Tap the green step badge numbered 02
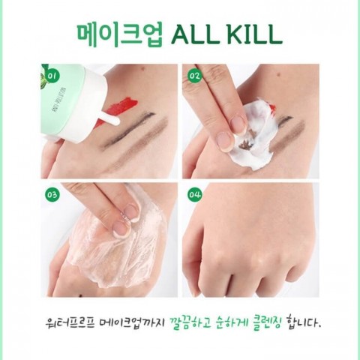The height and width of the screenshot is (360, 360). (x=195, y=75)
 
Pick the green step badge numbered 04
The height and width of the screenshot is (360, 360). (x=195, y=194)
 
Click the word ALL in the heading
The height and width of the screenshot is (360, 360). (x=196, y=35)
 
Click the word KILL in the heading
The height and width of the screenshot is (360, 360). (x=255, y=35)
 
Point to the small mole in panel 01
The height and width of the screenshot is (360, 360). (x=142, y=68)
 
